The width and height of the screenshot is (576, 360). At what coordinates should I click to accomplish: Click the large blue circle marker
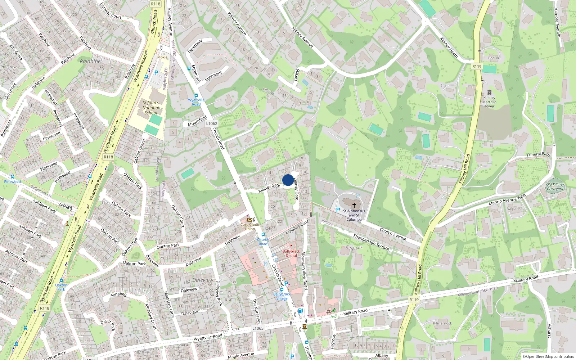coord(288,180)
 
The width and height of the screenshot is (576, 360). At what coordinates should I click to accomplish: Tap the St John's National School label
coord(151,108)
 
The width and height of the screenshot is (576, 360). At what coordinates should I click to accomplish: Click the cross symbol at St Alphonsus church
coord(354,205)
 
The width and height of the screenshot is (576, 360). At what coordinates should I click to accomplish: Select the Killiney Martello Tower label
coord(489,102)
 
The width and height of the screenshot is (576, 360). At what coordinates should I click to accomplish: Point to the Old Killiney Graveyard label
coord(555,186)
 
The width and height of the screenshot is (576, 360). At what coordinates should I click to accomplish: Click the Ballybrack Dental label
coord(291,253)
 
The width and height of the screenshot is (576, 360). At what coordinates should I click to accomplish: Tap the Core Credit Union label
coord(250,226)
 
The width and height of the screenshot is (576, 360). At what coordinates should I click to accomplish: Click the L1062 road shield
coord(212,123)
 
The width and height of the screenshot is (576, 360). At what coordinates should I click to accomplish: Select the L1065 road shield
coord(258,328)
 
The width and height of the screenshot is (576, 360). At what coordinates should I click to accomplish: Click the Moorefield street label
coord(197,121)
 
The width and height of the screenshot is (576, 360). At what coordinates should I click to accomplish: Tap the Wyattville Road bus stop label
coord(196,102)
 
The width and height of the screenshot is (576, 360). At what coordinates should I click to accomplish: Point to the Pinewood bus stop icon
coord(13,177)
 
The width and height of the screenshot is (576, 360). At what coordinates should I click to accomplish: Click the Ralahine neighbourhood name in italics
coord(90,61)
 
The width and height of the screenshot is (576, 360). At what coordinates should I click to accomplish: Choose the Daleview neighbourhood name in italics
coord(203,280)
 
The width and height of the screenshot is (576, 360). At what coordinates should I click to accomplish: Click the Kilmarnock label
coord(442,323)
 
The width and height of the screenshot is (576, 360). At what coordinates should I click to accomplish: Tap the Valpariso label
coord(515,209)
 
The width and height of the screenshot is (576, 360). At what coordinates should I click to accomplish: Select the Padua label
coord(494,58)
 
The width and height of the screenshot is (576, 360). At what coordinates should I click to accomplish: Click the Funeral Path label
coord(538,154)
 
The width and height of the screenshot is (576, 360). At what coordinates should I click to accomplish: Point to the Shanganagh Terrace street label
coord(371,242)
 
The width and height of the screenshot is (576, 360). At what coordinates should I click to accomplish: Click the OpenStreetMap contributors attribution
coord(548,357)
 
